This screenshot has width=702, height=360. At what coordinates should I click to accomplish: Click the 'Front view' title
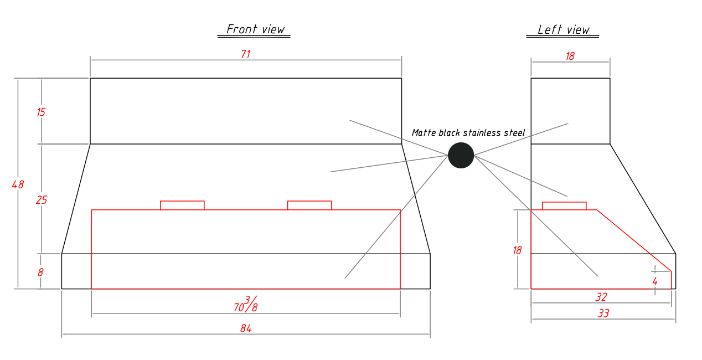pos(255,29)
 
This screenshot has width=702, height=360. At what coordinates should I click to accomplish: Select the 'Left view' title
pos(564,30)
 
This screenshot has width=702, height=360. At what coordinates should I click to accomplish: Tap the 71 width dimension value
pos(246,54)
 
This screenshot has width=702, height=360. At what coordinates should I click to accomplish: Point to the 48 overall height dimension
pos(18,184)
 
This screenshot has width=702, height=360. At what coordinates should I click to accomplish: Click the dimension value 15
pos(41,112)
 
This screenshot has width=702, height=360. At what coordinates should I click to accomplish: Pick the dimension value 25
pos(42,200)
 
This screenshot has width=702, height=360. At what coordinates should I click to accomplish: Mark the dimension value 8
pos(40,272)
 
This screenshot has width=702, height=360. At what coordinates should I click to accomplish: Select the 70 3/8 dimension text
pos(246,304)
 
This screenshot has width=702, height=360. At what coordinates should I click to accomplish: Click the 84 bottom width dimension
pos(246,328)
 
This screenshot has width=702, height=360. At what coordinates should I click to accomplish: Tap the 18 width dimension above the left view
pos(570,56)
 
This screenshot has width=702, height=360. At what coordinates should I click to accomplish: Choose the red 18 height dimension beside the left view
pos(517,250)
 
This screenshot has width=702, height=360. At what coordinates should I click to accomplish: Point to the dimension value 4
pos(655,281)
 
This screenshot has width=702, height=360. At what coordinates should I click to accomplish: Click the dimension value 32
pos(601,297)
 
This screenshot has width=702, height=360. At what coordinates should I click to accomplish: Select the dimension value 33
pos(603,313)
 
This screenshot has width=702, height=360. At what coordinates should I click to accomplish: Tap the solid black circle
pos(461,155)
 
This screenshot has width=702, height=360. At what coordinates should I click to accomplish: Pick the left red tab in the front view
pos(182,205)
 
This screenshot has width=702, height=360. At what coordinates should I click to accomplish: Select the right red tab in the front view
pos(309,205)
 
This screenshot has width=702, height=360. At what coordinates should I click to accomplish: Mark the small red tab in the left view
pos(564,206)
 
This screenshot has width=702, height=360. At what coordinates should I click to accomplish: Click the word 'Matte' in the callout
pos(424,133)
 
